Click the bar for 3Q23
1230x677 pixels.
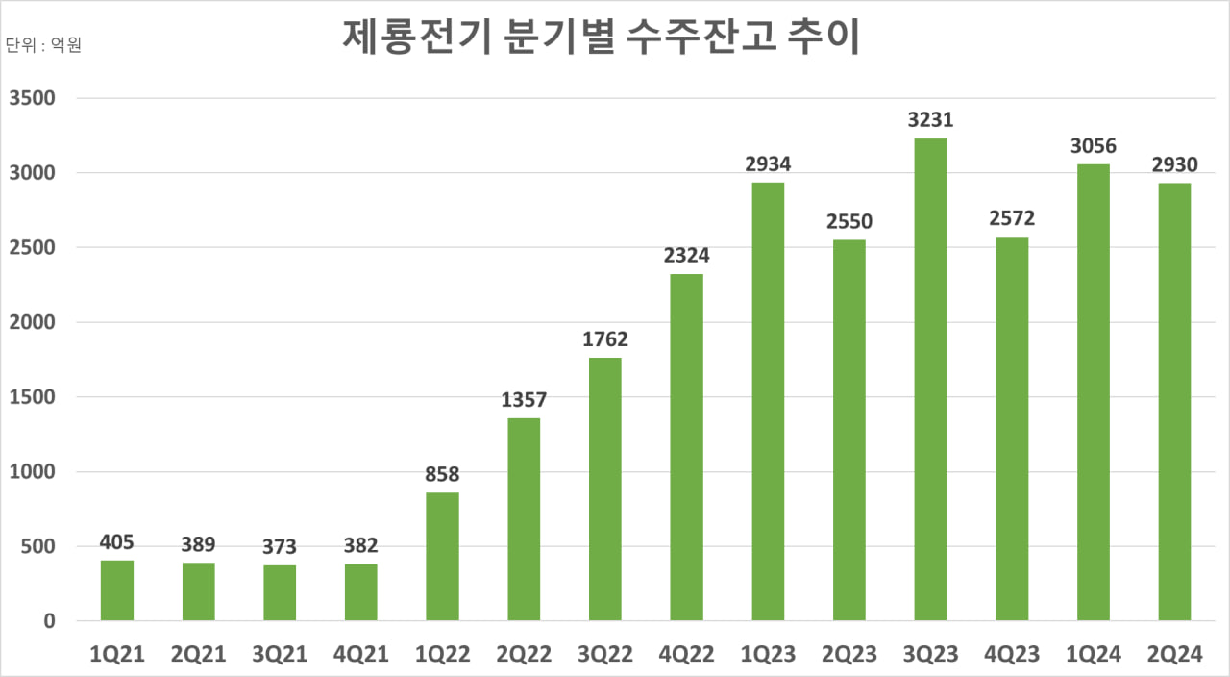click(930, 380)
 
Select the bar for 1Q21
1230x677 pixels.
click(117, 590)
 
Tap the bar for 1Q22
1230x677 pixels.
click(443, 557)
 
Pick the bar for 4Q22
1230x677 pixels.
click(686, 447)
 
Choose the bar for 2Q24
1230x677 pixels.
click(1174, 402)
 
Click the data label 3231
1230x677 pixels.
click(930, 121)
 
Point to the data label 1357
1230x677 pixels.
click(524, 400)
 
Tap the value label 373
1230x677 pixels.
click(280, 547)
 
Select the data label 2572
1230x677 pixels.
click(1011, 219)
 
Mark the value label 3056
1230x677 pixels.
click(1093, 147)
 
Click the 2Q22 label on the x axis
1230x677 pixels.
click(524, 655)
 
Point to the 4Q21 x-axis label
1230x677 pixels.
click(361, 655)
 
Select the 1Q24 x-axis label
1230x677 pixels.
click(1093, 655)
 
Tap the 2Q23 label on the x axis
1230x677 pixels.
click(849, 655)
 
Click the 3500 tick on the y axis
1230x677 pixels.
click(34, 98)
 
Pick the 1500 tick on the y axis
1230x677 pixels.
click(34, 397)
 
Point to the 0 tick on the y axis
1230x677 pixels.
click(48, 621)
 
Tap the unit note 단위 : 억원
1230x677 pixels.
click(43, 45)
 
